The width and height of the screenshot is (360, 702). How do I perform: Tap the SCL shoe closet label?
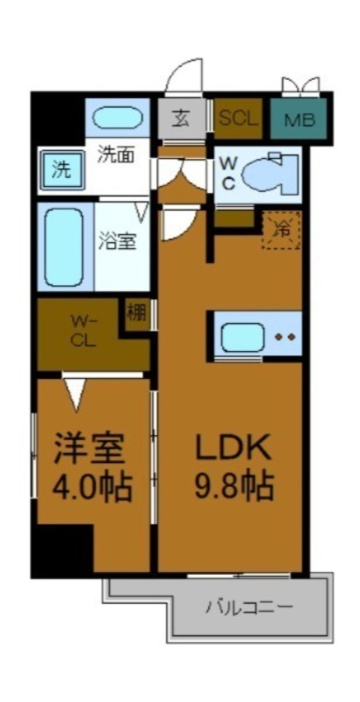238,118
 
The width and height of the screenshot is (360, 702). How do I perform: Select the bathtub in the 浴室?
64,245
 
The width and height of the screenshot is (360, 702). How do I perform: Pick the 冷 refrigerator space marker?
282,230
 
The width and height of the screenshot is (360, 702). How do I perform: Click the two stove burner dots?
284,336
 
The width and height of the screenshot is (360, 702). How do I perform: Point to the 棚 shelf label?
137,313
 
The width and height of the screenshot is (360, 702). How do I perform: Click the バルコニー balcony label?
249,606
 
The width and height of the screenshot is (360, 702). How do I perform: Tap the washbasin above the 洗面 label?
117,118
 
